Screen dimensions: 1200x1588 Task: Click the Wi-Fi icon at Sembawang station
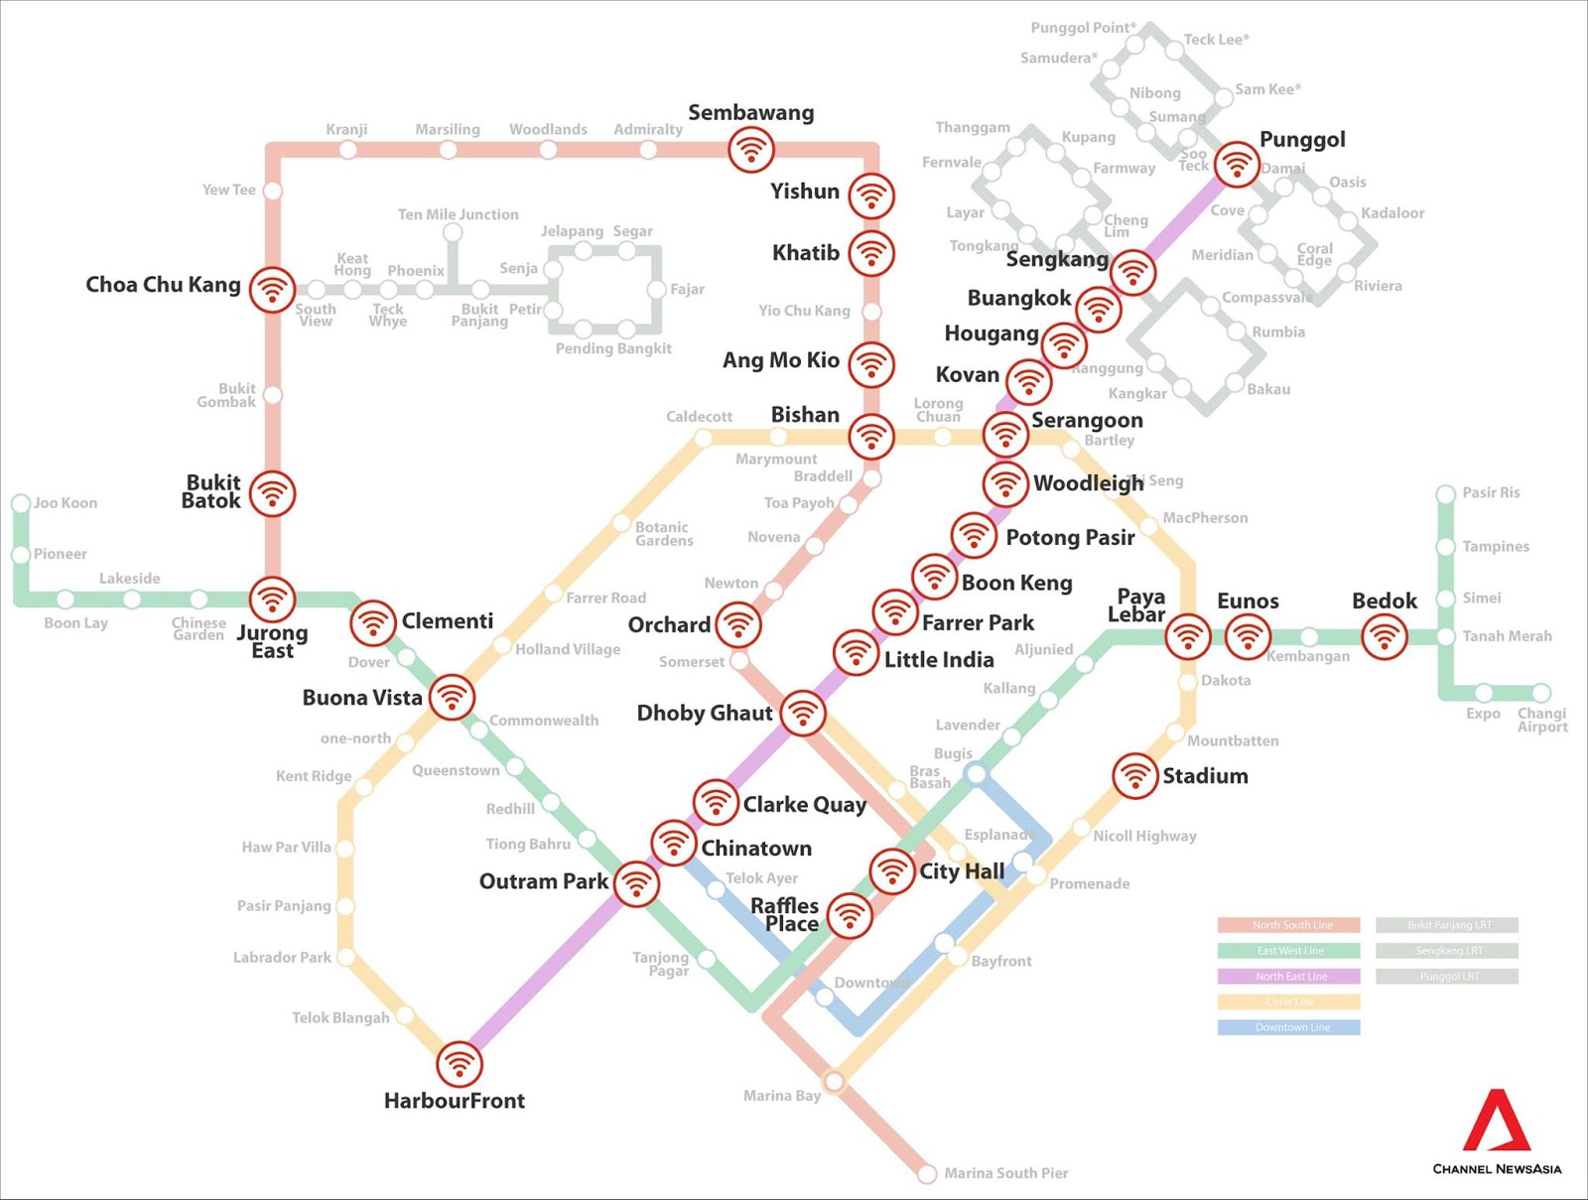(x=751, y=150)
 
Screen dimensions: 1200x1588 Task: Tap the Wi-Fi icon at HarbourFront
(x=459, y=1065)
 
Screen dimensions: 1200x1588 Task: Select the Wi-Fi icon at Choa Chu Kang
(x=272, y=290)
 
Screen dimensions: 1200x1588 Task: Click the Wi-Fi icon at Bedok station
(x=1384, y=636)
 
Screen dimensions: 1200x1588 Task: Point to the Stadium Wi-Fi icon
(x=1134, y=776)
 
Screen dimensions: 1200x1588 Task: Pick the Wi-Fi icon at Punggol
(x=1237, y=165)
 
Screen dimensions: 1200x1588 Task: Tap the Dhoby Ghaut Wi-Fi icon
(x=802, y=713)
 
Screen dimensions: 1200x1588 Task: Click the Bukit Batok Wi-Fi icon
(x=272, y=493)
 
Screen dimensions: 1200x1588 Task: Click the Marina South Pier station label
(x=1005, y=1173)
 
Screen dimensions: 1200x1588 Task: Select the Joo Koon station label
(x=66, y=503)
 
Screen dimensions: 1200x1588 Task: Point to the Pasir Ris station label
(x=1490, y=493)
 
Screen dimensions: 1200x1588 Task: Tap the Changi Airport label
(x=1541, y=720)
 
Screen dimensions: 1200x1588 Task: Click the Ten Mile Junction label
(x=458, y=214)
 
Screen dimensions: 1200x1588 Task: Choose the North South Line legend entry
(x=1288, y=925)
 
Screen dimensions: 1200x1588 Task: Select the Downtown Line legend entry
(x=1288, y=1027)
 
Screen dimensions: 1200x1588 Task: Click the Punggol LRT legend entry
(x=1447, y=977)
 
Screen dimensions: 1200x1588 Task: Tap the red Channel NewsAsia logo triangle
(x=1497, y=1123)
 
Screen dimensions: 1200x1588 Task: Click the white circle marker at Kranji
(x=347, y=150)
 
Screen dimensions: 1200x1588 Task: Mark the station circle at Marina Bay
(x=835, y=1081)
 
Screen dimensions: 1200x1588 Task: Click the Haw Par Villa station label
(x=286, y=848)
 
